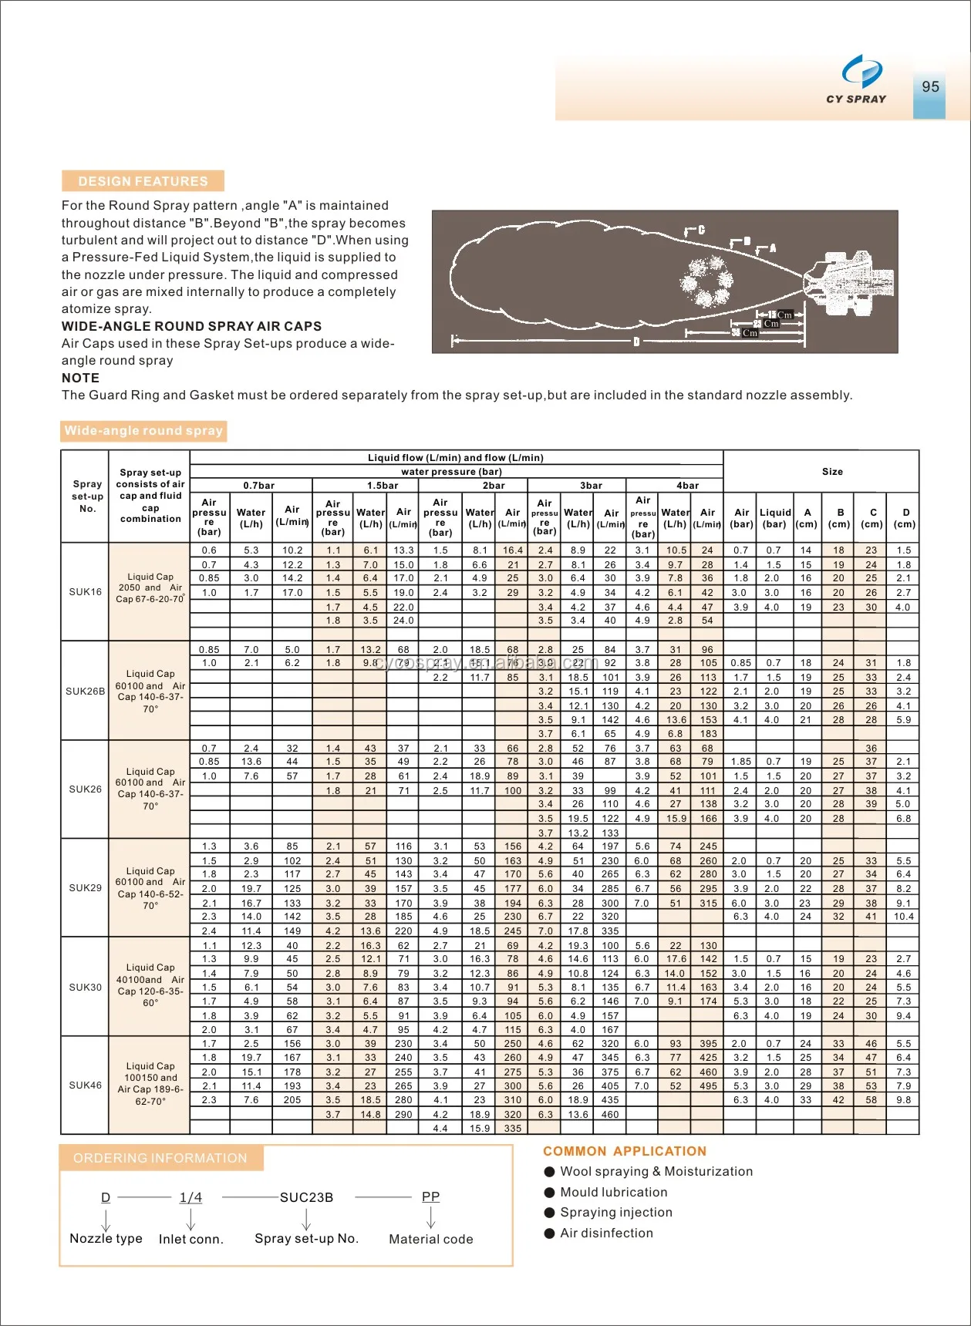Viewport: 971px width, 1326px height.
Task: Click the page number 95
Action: pyautogui.click(x=930, y=87)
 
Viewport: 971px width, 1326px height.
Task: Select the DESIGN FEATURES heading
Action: pyautogui.click(x=143, y=181)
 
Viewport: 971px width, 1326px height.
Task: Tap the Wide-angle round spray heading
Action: pyautogui.click(x=143, y=431)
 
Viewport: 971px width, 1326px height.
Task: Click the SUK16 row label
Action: pyautogui.click(x=85, y=592)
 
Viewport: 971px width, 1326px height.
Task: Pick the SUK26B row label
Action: pyautogui.click(x=85, y=691)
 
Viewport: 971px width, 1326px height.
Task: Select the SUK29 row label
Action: pyautogui.click(x=85, y=888)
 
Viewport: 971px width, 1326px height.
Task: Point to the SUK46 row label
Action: pyautogui.click(x=85, y=1085)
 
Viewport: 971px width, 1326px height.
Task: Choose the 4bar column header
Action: pyautogui.click(x=687, y=486)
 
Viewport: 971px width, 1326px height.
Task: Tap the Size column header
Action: pyautogui.click(x=832, y=472)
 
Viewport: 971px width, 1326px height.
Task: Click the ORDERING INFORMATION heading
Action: pyautogui.click(x=160, y=1158)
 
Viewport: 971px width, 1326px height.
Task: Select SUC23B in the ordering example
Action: pyautogui.click(x=306, y=1197)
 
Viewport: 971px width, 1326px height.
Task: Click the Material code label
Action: pyautogui.click(x=430, y=1239)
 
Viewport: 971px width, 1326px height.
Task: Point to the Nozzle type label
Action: pyautogui.click(x=106, y=1239)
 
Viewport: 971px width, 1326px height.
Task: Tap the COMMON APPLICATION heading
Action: pyautogui.click(x=624, y=1151)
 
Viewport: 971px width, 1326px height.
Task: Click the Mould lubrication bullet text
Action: pyautogui.click(x=613, y=1192)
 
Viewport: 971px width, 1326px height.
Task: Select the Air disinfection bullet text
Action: pyautogui.click(x=606, y=1233)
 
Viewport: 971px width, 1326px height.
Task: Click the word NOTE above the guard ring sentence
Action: pyautogui.click(x=80, y=378)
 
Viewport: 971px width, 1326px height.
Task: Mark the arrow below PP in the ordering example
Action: pyautogui.click(x=430, y=1217)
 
